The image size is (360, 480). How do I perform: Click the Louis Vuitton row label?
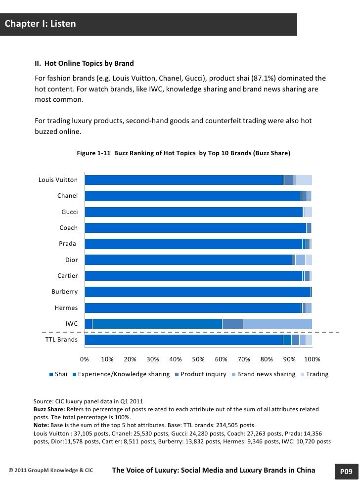point(58,180)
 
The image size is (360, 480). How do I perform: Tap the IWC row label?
point(72,324)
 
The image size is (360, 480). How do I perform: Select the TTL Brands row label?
point(61,340)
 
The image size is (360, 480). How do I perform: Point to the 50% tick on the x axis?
point(198,359)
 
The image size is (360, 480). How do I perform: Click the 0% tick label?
point(85,359)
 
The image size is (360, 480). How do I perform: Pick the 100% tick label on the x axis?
point(312,359)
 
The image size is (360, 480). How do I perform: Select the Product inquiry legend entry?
point(203,374)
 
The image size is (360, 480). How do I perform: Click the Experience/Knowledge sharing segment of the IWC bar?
point(157,324)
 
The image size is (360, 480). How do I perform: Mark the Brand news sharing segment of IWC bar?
point(277,324)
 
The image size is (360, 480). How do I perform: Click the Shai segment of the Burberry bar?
point(198,292)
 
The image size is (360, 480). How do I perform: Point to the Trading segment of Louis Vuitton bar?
point(304,180)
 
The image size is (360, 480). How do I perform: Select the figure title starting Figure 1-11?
point(183,153)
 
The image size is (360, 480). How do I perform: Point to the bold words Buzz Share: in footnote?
point(49,410)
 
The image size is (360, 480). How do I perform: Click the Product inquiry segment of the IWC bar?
point(232,324)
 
